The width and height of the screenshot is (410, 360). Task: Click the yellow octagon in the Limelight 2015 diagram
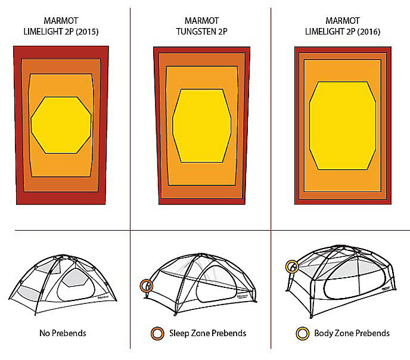click(61, 125)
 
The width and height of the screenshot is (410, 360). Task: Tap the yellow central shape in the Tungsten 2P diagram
click(201, 126)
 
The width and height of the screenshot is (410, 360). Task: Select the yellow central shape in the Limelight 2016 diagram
click(343, 126)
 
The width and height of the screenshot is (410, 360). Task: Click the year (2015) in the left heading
click(87, 32)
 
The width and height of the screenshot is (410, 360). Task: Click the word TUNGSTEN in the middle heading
click(194, 32)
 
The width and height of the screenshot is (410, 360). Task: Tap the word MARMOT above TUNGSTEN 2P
click(201, 21)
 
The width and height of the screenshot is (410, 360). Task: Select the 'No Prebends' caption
click(63, 333)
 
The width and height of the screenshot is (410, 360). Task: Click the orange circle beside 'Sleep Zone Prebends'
click(157, 334)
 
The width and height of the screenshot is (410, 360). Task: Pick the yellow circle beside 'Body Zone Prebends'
click(302, 334)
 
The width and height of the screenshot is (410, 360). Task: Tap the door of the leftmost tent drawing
click(76, 285)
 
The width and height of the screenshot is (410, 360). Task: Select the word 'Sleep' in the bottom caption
click(179, 333)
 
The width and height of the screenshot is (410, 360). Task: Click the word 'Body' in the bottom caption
click(323, 333)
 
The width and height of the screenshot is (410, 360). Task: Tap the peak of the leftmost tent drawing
click(62, 255)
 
